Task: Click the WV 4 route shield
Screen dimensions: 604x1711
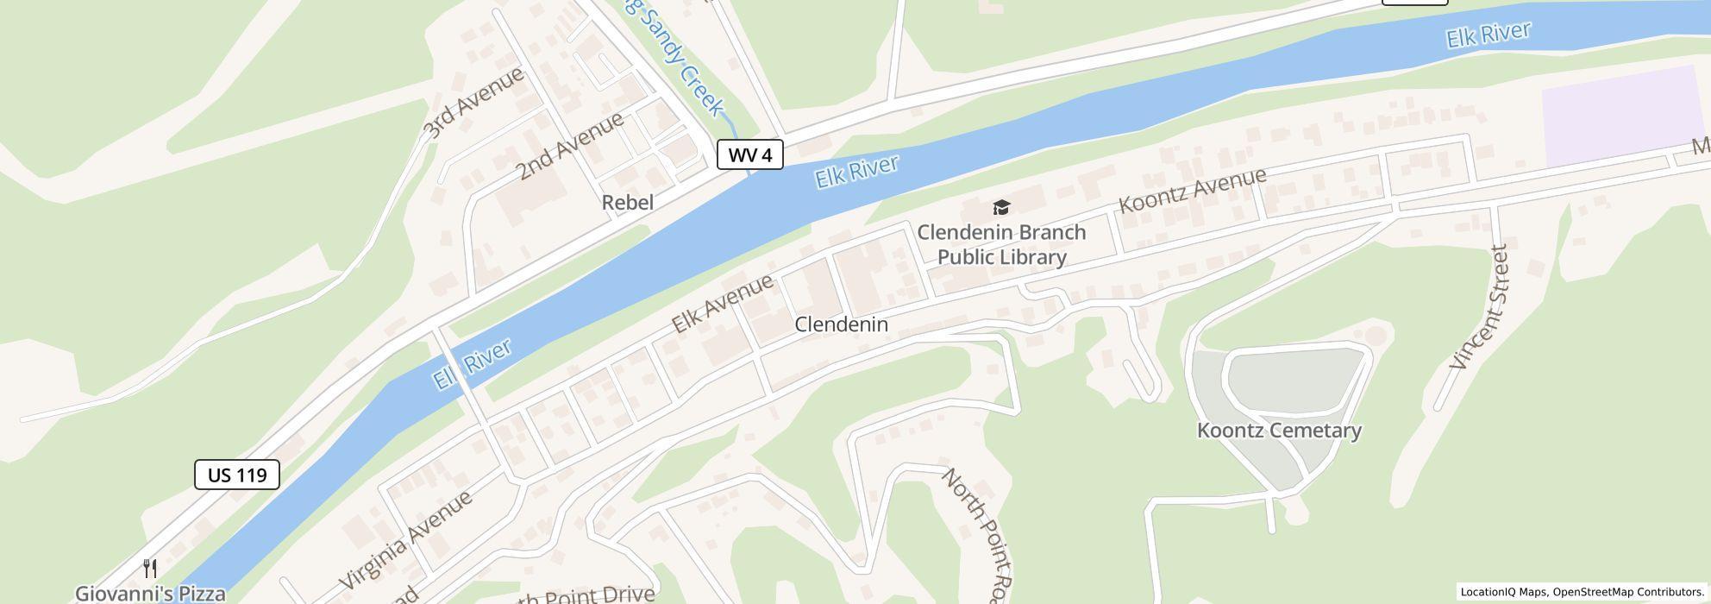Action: tap(749, 155)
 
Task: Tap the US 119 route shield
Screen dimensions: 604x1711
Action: tap(237, 475)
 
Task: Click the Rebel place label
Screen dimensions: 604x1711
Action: tap(627, 203)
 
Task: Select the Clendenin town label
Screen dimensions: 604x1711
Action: tap(841, 324)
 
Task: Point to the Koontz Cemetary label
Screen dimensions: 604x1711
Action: tap(1279, 430)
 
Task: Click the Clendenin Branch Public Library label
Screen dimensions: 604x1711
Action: tap(1001, 245)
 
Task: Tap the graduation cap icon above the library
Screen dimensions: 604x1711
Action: tap(1000, 207)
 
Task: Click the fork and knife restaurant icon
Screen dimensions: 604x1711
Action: tap(150, 569)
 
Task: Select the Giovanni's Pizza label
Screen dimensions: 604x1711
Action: tap(150, 594)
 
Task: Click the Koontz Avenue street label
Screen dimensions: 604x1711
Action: tap(1192, 191)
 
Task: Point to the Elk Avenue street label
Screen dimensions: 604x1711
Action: tap(722, 304)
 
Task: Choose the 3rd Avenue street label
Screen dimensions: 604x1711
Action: tap(473, 102)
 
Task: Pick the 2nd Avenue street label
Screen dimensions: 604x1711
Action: tap(570, 146)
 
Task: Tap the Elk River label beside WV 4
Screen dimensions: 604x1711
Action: tap(856, 171)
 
